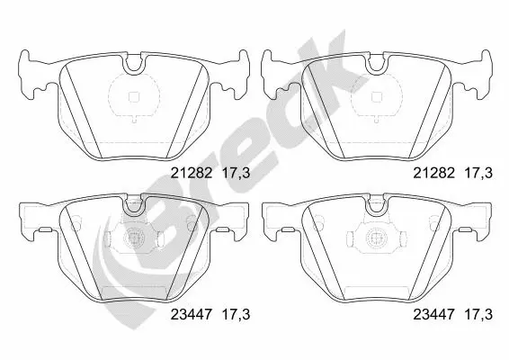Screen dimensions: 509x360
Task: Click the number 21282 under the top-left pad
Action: pos(192,173)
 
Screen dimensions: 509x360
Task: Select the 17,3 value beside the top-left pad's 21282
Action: pos(236,173)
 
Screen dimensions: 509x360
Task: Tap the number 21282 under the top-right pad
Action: pos(433,173)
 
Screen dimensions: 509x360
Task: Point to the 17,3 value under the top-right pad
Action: pos(478,173)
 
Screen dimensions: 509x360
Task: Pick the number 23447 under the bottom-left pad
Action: pos(192,314)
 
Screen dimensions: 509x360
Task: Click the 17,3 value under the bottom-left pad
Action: pos(236,314)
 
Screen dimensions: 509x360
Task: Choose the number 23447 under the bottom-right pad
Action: pos(433,314)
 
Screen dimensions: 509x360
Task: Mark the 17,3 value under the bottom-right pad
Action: pos(478,314)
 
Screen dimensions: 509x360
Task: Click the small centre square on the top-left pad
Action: pos(134,97)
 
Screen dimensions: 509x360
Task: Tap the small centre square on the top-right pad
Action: pos(376,97)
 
